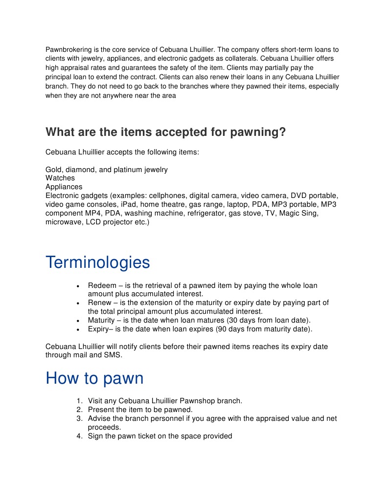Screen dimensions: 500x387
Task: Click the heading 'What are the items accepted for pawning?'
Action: (x=165, y=132)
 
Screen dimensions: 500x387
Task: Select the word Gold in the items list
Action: (x=54, y=170)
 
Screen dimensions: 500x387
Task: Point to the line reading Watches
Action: (x=60, y=178)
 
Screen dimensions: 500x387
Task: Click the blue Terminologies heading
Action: (x=98, y=262)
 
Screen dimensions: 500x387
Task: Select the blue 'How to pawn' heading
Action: (x=94, y=378)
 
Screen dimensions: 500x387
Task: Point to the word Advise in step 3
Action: (x=99, y=418)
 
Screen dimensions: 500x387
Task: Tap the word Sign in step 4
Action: (x=96, y=436)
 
